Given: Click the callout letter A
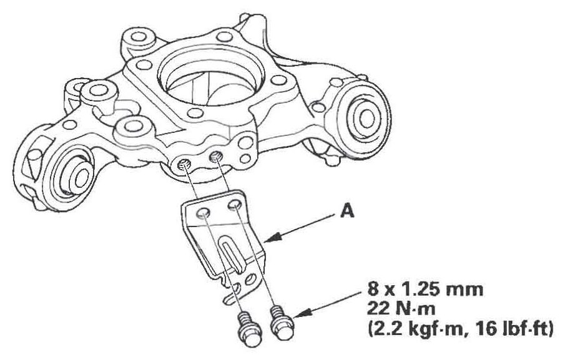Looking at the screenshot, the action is (x=347, y=211).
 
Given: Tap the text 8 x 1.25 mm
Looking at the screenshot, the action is (x=425, y=289).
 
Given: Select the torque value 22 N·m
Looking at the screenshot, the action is (x=401, y=308).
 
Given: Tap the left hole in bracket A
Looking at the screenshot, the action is (x=202, y=214).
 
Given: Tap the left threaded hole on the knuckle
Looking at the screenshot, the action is (x=184, y=165).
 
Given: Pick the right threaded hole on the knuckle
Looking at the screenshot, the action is (x=216, y=157).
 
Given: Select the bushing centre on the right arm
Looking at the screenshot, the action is (x=366, y=118).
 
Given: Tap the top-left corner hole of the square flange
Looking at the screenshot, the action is (x=144, y=65).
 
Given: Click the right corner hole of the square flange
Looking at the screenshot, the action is (x=278, y=80).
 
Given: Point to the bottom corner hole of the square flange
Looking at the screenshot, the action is (x=195, y=113).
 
